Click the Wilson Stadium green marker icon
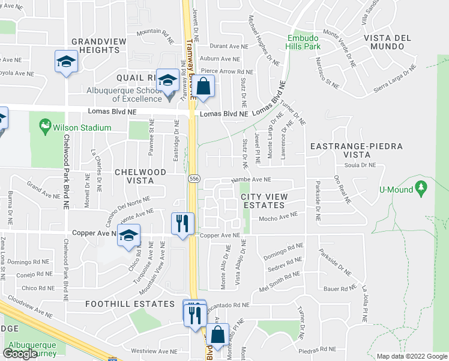click(x=44, y=127)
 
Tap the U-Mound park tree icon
click(x=421, y=189)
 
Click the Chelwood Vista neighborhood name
click(x=140, y=176)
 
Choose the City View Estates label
click(x=264, y=201)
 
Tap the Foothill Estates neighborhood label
click(x=130, y=304)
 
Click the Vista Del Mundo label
click(x=387, y=42)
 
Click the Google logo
click(x=20, y=354)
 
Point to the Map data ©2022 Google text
click(x=411, y=356)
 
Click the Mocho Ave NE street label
click(x=278, y=217)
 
